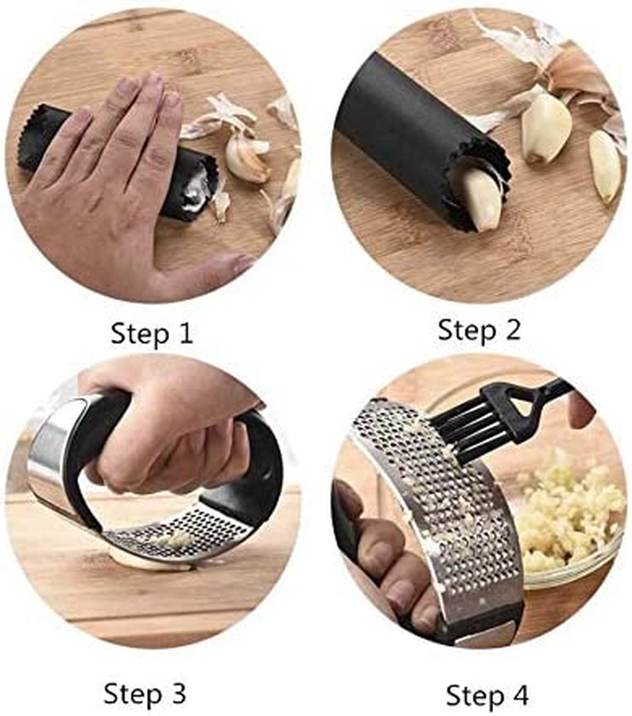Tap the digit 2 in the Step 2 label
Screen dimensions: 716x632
[x=511, y=330]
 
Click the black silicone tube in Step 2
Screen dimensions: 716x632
[x=411, y=126]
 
